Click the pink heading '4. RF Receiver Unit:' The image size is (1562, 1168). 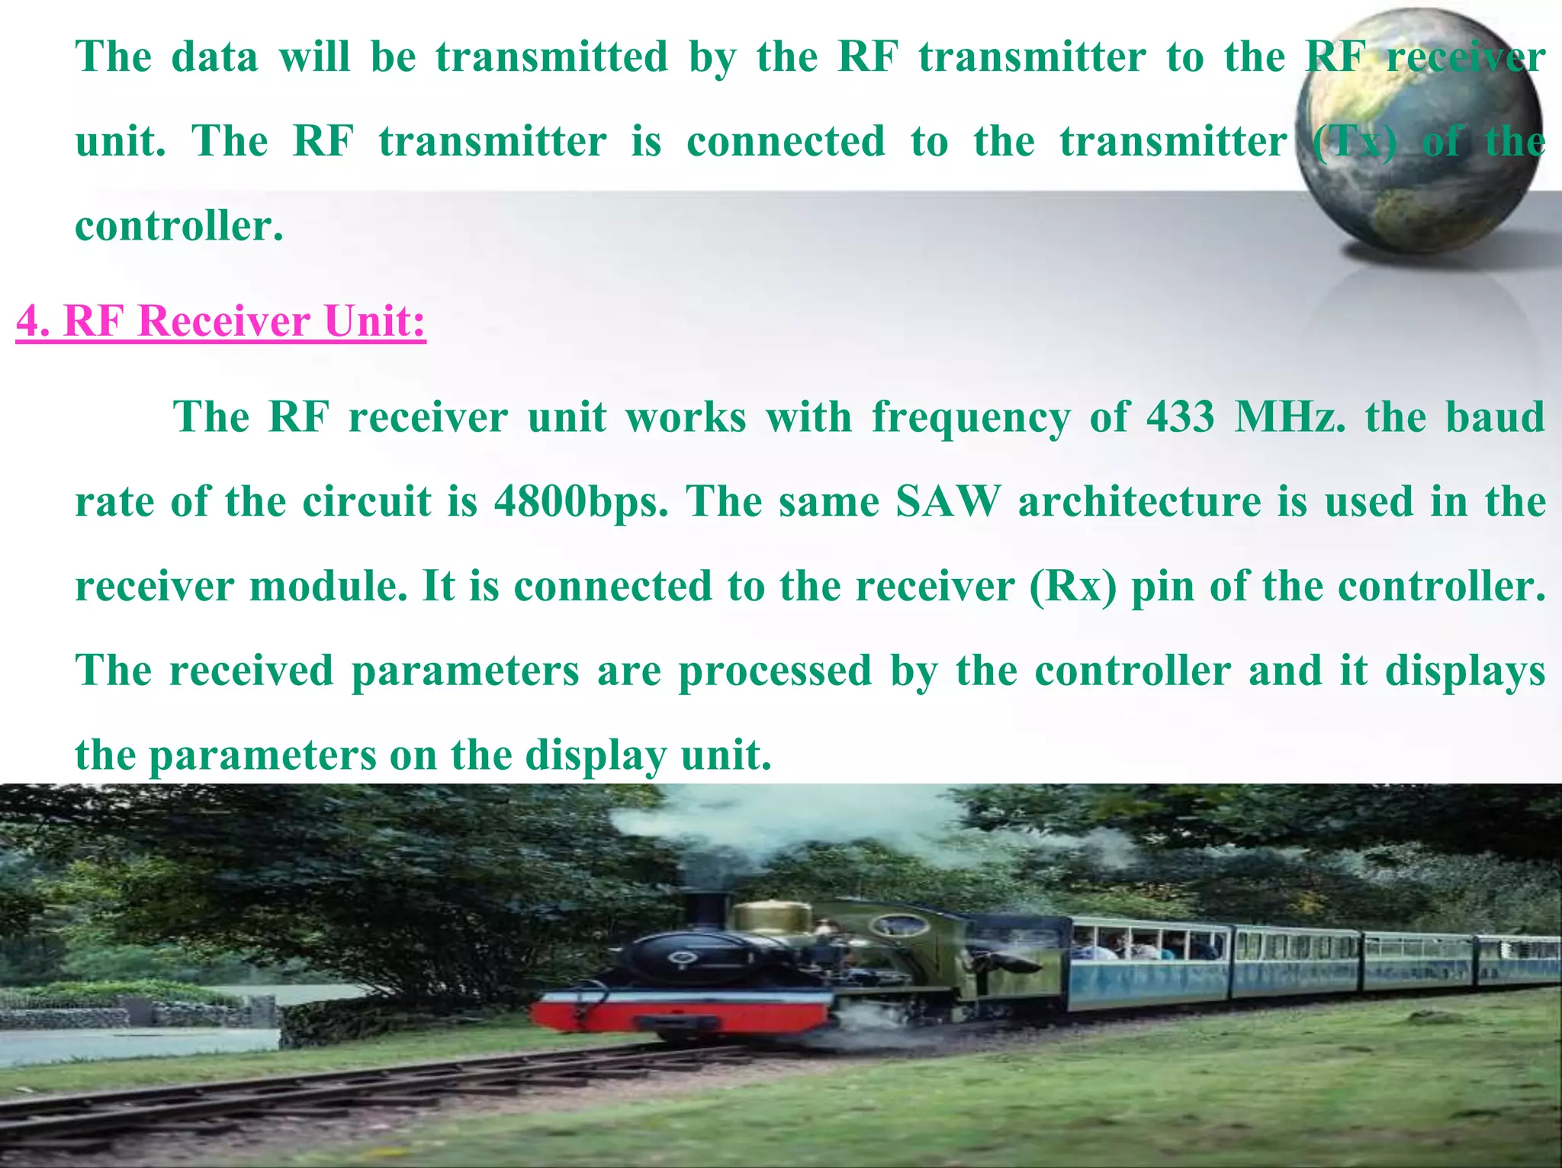click(x=220, y=320)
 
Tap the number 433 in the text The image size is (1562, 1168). click(x=1180, y=417)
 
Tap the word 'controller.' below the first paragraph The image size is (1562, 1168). click(x=179, y=227)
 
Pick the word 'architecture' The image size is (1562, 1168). click(x=1139, y=502)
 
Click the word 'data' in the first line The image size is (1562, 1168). click(x=215, y=57)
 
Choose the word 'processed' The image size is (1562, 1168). click(x=775, y=671)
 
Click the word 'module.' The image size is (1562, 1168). click(x=329, y=587)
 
